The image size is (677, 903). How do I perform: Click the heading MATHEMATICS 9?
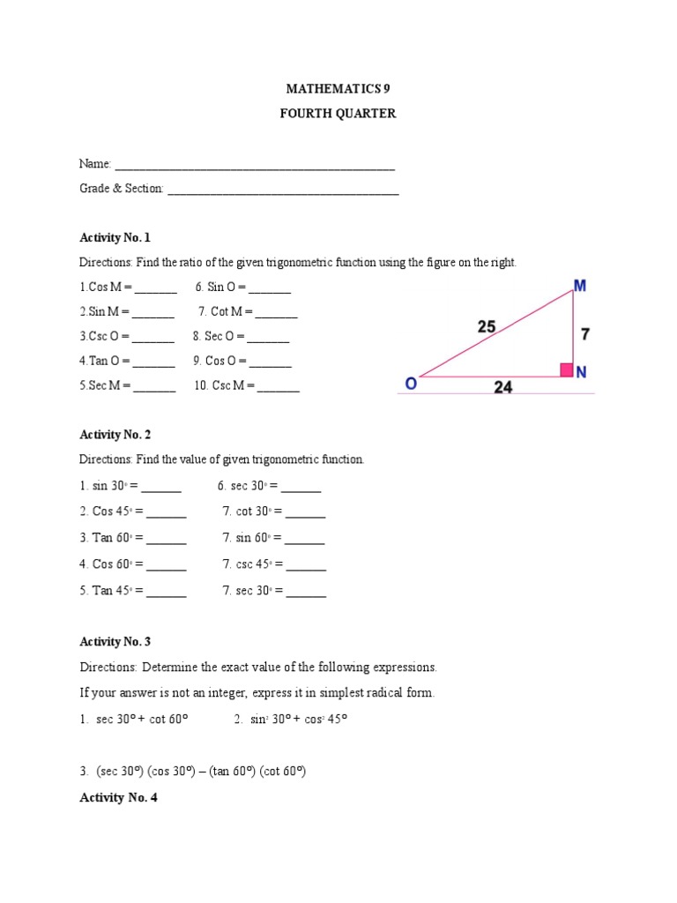338,89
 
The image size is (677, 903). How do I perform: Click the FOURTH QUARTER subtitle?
338,114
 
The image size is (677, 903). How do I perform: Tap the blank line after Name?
255,165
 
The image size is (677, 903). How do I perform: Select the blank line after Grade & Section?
282,190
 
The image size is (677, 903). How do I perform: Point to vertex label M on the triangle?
580,287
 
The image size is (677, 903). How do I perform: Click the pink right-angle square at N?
567,370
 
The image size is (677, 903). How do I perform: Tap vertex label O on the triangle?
411,384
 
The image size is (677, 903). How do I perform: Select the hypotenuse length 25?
487,326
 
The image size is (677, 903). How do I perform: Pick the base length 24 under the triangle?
502,387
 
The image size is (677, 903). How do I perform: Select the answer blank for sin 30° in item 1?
161,487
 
